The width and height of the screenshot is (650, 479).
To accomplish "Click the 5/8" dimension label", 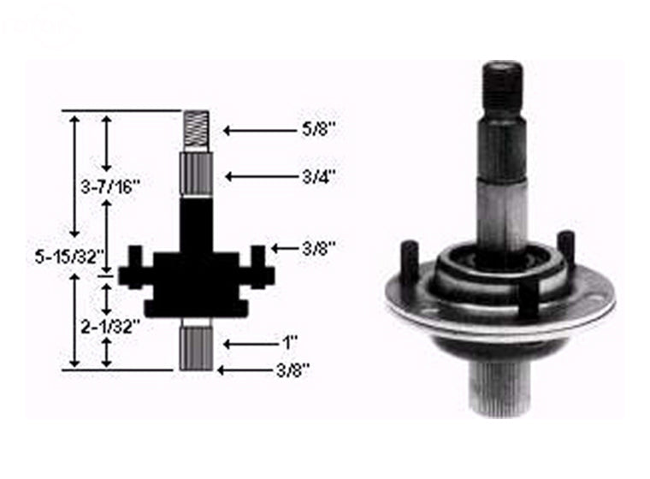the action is (x=318, y=129).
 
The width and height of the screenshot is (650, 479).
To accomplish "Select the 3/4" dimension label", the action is (x=318, y=177).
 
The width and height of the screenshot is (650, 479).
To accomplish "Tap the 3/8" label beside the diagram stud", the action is (x=318, y=249).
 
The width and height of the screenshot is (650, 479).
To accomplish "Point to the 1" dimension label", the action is (x=290, y=342).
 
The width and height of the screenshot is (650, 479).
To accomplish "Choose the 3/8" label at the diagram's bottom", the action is (x=292, y=370).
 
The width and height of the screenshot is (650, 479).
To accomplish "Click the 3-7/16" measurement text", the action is (x=111, y=187).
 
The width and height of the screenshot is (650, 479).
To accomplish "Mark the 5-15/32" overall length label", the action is (x=69, y=257).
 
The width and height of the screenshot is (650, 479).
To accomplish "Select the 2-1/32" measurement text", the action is (x=108, y=328).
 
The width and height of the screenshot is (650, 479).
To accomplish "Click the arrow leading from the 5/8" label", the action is (x=260, y=130).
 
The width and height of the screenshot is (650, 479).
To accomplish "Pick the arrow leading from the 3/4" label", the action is (x=262, y=177).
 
